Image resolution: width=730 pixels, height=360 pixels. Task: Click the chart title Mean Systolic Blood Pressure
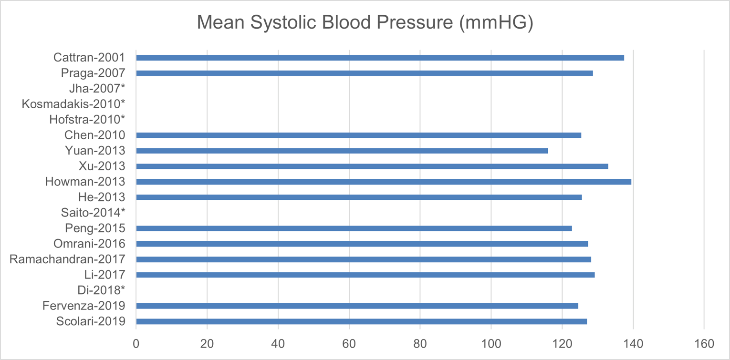coord(365,23)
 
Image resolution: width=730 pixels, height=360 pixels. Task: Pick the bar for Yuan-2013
coord(342,151)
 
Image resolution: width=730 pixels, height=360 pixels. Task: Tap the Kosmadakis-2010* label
coord(73,104)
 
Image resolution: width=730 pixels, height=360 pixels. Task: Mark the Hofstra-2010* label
coord(87,120)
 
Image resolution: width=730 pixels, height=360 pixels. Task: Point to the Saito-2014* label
coord(93,213)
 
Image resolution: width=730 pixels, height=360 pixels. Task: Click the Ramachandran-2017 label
coord(67,259)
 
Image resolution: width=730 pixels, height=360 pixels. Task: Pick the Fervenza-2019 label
coord(84,306)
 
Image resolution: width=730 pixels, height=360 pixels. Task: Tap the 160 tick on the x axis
coord(704,343)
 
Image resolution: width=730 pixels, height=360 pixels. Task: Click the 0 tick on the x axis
coord(136,343)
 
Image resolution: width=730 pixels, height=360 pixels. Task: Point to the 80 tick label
coord(420,343)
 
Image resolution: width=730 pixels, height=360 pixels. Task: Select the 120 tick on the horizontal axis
coord(562,343)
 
